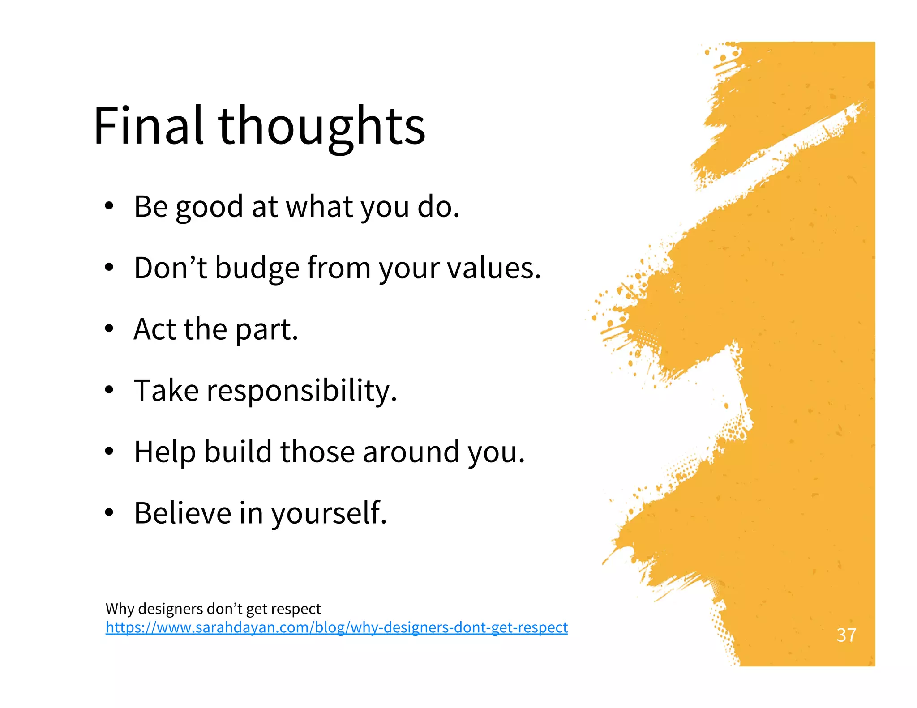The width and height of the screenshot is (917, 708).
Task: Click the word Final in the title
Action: click(148, 126)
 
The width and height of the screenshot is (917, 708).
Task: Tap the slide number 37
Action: click(846, 635)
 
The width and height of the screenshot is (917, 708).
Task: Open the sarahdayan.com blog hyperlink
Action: click(336, 627)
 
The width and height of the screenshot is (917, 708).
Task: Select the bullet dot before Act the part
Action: click(109, 329)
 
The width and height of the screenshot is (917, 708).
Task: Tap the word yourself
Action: click(329, 513)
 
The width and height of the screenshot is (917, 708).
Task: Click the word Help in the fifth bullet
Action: click(165, 452)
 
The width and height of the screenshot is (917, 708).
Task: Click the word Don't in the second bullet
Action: click(170, 268)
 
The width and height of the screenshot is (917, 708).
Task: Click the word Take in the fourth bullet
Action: click(166, 390)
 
